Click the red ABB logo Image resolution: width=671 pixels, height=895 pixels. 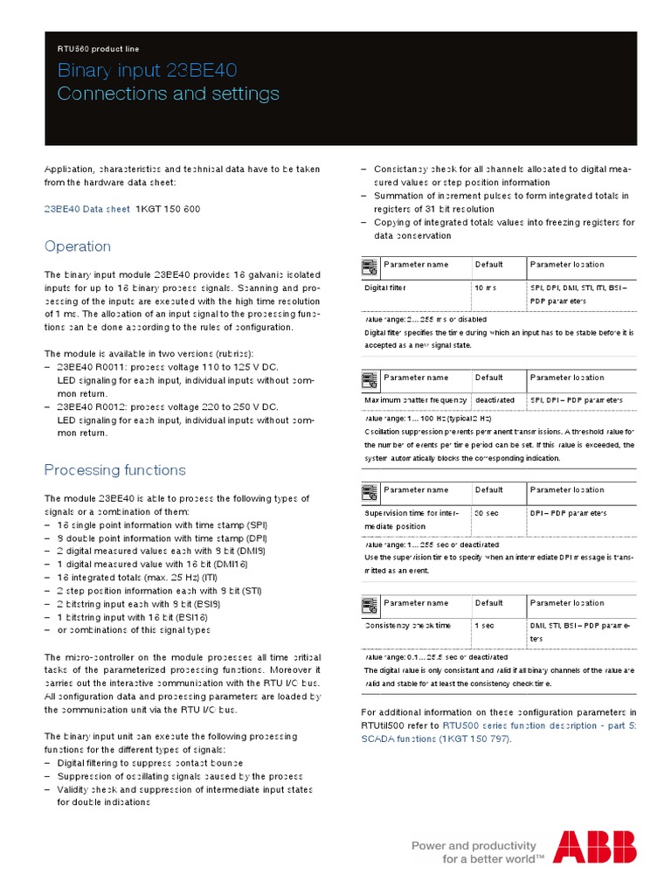click(x=595, y=847)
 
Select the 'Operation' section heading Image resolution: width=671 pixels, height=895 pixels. click(x=78, y=246)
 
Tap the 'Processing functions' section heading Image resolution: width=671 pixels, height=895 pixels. click(x=115, y=470)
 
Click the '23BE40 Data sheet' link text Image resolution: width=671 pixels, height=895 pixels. click(x=85, y=210)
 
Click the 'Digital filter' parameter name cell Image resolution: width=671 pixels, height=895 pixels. click(x=385, y=287)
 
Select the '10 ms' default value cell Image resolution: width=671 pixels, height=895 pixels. click(x=486, y=287)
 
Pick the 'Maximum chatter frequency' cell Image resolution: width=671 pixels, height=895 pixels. click(x=416, y=399)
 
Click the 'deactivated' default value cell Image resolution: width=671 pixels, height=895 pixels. click(x=495, y=399)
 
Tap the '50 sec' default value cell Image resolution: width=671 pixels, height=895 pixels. click(x=486, y=513)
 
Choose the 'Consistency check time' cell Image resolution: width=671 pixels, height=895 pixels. click(x=408, y=626)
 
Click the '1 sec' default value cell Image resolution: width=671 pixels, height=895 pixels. click(x=484, y=626)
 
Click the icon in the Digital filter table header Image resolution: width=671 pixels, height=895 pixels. click(x=370, y=264)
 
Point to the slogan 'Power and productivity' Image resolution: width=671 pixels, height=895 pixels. click(x=474, y=845)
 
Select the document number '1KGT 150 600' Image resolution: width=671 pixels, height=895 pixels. click(x=168, y=210)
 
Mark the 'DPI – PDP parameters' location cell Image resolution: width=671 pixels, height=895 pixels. click(x=568, y=513)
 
